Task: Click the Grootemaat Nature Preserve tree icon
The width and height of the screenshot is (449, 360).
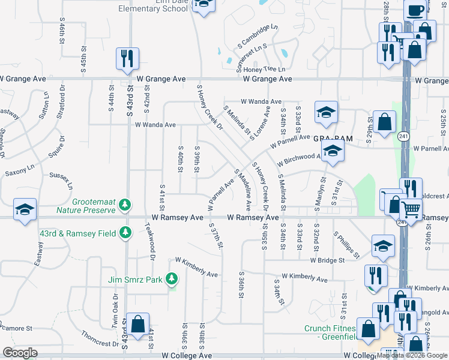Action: (x=124, y=205)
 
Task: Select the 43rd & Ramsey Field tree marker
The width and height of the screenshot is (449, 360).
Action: (x=125, y=232)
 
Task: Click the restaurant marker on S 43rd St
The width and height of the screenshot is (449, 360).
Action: (x=127, y=58)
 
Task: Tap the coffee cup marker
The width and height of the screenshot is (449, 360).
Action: (x=415, y=11)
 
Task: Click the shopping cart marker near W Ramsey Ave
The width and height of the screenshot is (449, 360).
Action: (x=411, y=209)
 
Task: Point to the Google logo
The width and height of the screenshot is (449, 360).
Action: (x=20, y=353)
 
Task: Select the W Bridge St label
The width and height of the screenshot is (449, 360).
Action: (x=327, y=260)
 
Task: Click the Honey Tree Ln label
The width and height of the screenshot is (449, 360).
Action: (x=264, y=69)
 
